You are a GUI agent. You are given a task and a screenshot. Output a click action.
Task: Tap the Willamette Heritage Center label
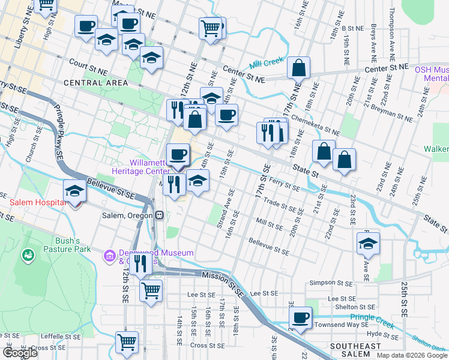[153, 167]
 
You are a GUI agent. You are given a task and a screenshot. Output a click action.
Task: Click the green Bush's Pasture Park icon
[27, 256]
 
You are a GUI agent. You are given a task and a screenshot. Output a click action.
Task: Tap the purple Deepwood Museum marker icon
[110, 256]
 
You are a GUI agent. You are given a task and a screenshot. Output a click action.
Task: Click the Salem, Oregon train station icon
[159, 215]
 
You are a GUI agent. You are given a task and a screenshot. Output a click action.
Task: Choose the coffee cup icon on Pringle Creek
[301, 317]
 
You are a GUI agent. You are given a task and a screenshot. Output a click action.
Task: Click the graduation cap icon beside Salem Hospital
[74, 191]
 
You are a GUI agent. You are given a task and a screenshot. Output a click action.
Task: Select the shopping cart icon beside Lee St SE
[151, 291]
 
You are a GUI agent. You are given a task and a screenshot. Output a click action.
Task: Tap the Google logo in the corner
[20, 353]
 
